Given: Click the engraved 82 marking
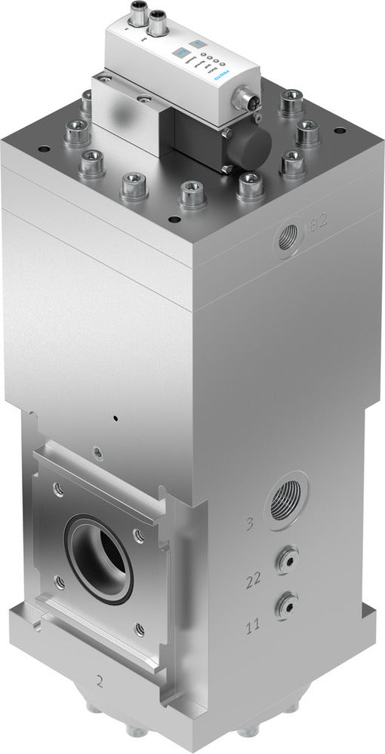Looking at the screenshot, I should click(319, 225).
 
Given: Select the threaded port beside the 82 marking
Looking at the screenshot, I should click(288, 239).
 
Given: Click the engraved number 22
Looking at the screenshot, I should click(254, 581).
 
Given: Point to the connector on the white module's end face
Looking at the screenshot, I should click(245, 97).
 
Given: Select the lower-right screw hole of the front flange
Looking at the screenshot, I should click(140, 627).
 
